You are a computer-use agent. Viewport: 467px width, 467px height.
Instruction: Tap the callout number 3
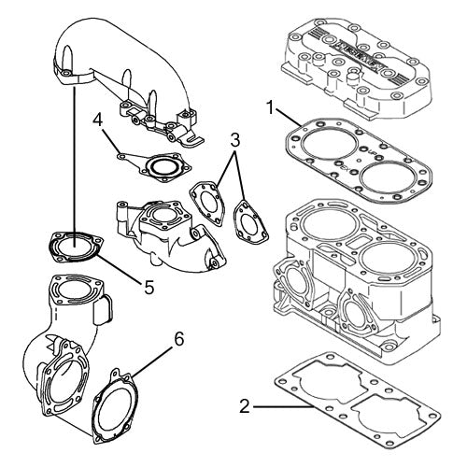pos(236,141)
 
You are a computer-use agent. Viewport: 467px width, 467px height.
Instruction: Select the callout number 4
pos(98,120)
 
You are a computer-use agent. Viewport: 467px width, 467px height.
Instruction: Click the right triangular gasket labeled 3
pos(247,220)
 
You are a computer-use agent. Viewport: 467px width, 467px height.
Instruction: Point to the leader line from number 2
pos(280,406)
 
